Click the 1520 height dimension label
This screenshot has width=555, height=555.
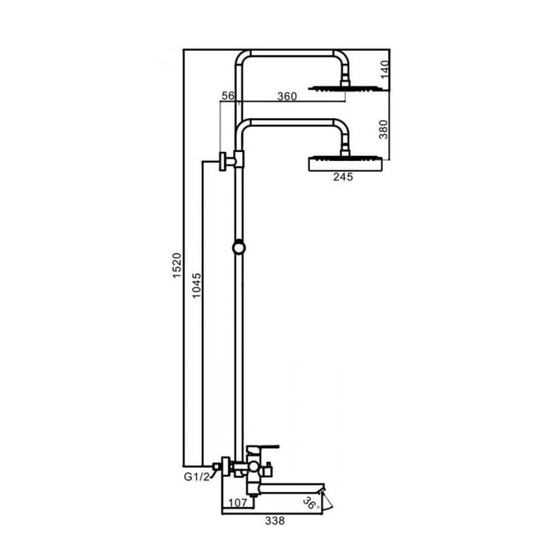point(177,266)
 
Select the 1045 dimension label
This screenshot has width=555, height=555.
point(196,285)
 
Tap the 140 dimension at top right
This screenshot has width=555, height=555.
point(385,70)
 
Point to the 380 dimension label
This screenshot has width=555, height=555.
point(384,130)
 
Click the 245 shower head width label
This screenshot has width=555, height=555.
point(343,177)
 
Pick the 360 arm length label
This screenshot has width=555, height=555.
point(287,96)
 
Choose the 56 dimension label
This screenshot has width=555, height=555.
point(228,96)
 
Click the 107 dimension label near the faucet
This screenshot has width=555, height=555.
point(237,502)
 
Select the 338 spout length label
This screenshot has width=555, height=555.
point(275,521)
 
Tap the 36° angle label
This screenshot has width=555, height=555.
point(311,502)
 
